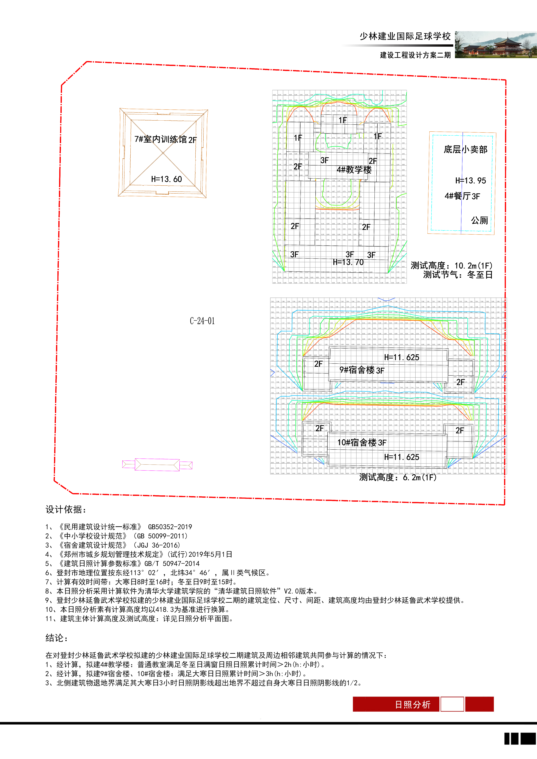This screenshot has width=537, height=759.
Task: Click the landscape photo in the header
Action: [x=495, y=45]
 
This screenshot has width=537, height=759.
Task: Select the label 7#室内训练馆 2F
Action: [x=165, y=139]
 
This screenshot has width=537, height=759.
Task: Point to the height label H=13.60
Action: [x=166, y=179]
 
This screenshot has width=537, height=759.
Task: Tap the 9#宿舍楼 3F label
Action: [x=362, y=370]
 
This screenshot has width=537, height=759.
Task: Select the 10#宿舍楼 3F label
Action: [x=362, y=443]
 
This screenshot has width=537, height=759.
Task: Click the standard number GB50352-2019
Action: [x=170, y=527]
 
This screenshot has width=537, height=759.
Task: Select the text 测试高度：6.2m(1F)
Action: [x=398, y=477]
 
